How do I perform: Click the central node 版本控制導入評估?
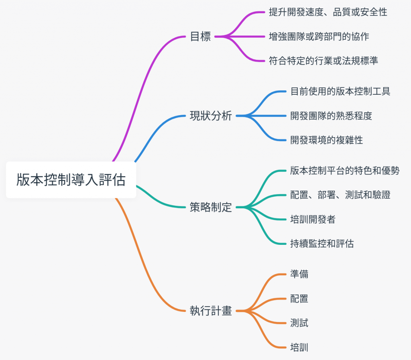click(71, 180)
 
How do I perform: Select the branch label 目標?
click(200, 37)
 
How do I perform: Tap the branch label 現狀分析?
click(211, 116)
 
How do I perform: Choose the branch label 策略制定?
click(211, 207)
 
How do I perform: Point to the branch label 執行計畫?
click(211, 311)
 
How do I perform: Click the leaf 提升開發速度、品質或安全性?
click(328, 12)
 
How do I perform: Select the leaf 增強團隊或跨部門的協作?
click(319, 37)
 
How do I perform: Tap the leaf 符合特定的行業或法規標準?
click(324, 61)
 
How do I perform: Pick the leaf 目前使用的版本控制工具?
click(340, 92)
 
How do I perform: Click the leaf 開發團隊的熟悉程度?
click(331, 116)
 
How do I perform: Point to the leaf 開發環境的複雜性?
click(326, 140)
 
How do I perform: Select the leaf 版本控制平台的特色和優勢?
click(345, 171)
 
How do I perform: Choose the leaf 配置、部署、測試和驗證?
click(340, 195)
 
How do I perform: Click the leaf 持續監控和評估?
click(322, 243)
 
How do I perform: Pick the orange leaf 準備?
click(299, 275)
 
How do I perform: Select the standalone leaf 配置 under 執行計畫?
click(299, 299)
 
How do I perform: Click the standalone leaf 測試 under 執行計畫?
click(299, 323)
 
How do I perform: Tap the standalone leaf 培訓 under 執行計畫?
click(299, 347)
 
